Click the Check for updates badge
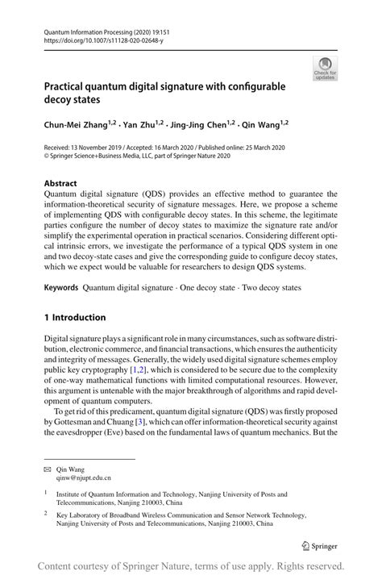click(x=325, y=68)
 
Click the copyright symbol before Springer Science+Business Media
click(x=47, y=156)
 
